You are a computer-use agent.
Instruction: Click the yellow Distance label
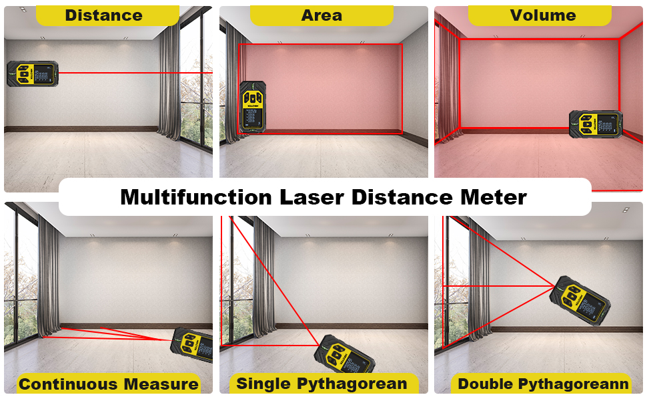pos(103,15)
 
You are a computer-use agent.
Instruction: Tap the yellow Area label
pos(321,15)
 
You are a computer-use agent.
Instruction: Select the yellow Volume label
pos(542,15)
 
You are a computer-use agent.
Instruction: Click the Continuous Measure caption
pos(108,384)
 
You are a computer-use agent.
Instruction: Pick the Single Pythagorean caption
pos(321,384)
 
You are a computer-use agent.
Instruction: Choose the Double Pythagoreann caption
pos(543,384)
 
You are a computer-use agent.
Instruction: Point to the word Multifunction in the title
pos(196,197)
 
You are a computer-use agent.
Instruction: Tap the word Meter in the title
pos(496,197)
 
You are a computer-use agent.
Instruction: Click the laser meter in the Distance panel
pos(33,74)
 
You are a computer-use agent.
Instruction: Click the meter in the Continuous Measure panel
pos(194,344)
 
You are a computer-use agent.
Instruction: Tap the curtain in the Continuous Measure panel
pos(48,274)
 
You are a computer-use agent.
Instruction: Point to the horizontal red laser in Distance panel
pos(133,72)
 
